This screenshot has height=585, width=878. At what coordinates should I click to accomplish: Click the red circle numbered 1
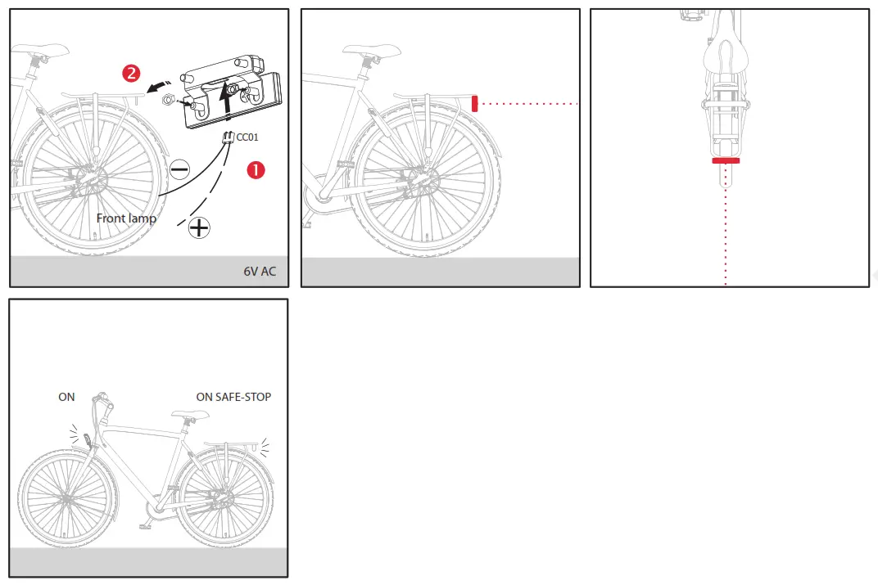click(x=256, y=169)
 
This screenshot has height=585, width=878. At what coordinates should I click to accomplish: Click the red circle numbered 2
click(x=131, y=73)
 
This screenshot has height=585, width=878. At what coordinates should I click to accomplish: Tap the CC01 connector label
click(x=247, y=137)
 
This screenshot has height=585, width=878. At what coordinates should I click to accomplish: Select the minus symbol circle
click(x=180, y=169)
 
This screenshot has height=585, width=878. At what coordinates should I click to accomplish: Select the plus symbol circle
click(x=199, y=227)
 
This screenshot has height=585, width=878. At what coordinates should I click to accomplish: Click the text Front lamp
click(x=126, y=218)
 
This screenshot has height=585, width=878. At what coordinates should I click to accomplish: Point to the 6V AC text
click(x=260, y=272)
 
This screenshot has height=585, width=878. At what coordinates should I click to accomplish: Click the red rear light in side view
click(x=475, y=103)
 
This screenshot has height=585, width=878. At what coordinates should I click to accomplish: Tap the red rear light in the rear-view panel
click(x=726, y=161)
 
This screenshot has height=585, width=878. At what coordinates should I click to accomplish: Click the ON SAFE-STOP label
click(x=233, y=397)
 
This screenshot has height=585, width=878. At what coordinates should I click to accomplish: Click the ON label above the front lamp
click(x=66, y=397)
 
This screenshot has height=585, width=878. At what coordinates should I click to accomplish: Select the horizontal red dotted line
click(x=528, y=104)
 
